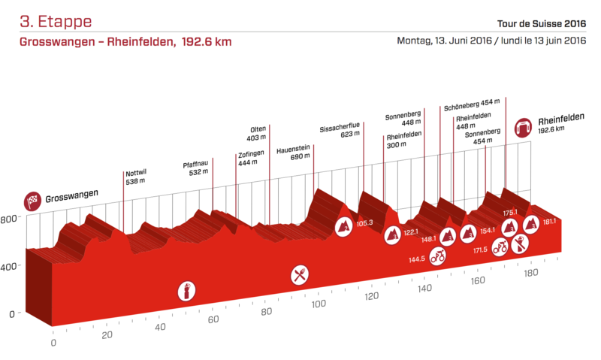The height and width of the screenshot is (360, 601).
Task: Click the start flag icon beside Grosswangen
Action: (33, 201)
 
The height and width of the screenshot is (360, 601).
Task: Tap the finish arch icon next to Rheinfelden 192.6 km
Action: (523, 128)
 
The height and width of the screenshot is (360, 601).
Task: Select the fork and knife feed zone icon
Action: (300, 275)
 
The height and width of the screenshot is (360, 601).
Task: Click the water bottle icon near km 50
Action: (184, 290)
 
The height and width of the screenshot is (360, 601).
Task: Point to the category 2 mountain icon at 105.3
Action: (344, 226)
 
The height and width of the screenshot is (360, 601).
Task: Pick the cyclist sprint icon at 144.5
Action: (438, 257)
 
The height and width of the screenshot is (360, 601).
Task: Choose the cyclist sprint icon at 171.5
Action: (500, 249)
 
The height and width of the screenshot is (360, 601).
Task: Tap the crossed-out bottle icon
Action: (519, 244)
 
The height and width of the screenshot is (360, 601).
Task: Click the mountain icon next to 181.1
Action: (531, 223)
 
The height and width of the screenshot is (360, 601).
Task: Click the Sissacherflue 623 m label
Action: (340, 131)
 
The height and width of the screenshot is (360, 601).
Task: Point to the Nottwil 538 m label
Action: (136, 177)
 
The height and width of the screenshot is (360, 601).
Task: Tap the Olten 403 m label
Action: (257, 133)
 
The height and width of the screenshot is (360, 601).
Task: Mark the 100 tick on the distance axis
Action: (319, 304)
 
